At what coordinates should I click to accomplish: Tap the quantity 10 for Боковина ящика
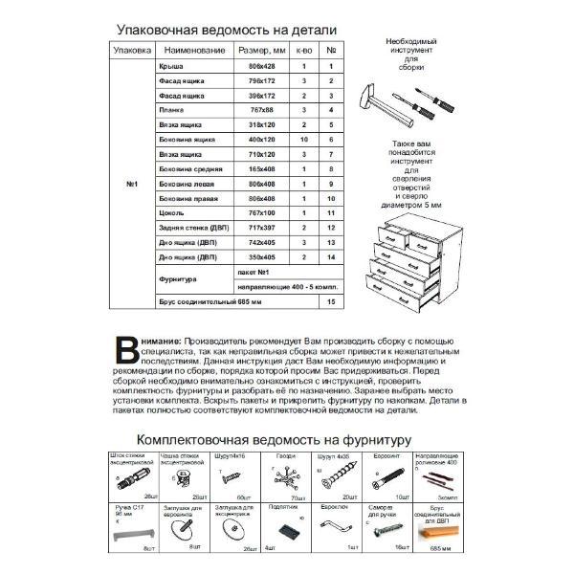pyautogui.click(x=302, y=140)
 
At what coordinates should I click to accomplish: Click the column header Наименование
pyautogui.click(x=194, y=50)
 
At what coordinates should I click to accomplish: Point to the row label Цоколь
pyautogui.click(x=169, y=213)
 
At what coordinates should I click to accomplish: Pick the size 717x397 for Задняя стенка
pyautogui.click(x=261, y=228)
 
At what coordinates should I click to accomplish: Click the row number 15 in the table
pyautogui.click(x=330, y=302)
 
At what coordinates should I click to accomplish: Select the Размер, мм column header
pyautogui.click(x=262, y=50)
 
